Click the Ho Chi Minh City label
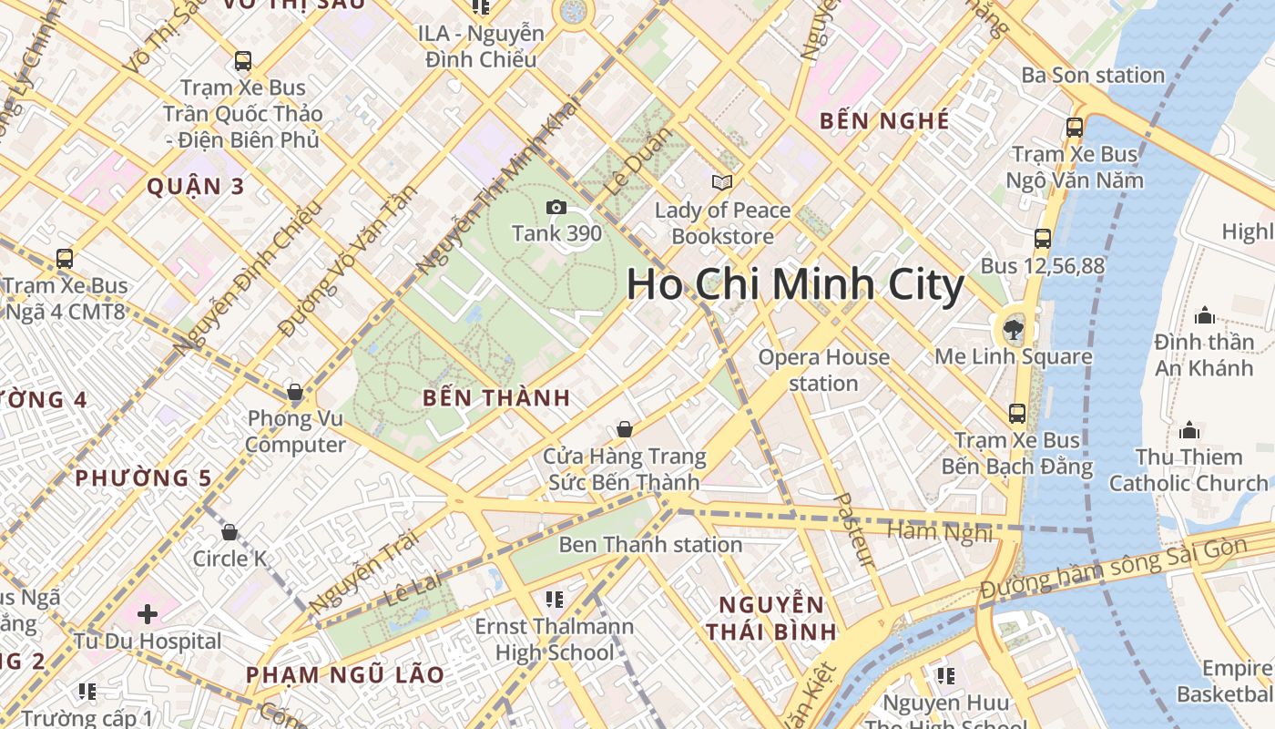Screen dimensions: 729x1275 pyautogui.click(x=794, y=285)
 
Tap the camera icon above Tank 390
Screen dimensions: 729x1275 pyautogui.click(x=556, y=208)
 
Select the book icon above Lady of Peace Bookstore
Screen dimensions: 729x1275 pyautogui.click(x=722, y=183)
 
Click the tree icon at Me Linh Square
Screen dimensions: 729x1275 pyautogui.click(x=1013, y=329)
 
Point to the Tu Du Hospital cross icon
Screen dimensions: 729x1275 pyautogui.click(x=148, y=614)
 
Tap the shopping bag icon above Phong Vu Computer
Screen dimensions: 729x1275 pyautogui.click(x=294, y=393)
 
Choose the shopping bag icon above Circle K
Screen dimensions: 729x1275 pyautogui.click(x=229, y=532)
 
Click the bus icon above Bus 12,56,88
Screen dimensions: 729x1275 pyautogui.click(x=1043, y=239)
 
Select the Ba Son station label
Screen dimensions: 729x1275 pyautogui.click(x=1093, y=75)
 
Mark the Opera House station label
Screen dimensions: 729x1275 pyautogui.click(x=823, y=370)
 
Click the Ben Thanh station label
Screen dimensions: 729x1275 pyautogui.click(x=649, y=545)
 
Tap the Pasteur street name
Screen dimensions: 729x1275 pyautogui.click(x=855, y=530)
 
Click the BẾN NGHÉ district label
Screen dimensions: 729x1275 pyautogui.click(x=884, y=120)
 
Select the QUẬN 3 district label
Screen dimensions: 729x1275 pyautogui.click(x=196, y=187)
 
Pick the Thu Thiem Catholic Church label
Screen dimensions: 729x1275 pyautogui.click(x=1188, y=469)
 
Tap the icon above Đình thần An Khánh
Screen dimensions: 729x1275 pyautogui.click(x=1204, y=316)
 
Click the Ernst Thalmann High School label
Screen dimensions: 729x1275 pyautogui.click(x=554, y=640)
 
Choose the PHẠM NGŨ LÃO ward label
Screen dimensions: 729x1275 pyautogui.click(x=344, y=675)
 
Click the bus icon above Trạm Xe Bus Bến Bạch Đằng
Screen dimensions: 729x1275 pyautogui.click(x=1017, y=414)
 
